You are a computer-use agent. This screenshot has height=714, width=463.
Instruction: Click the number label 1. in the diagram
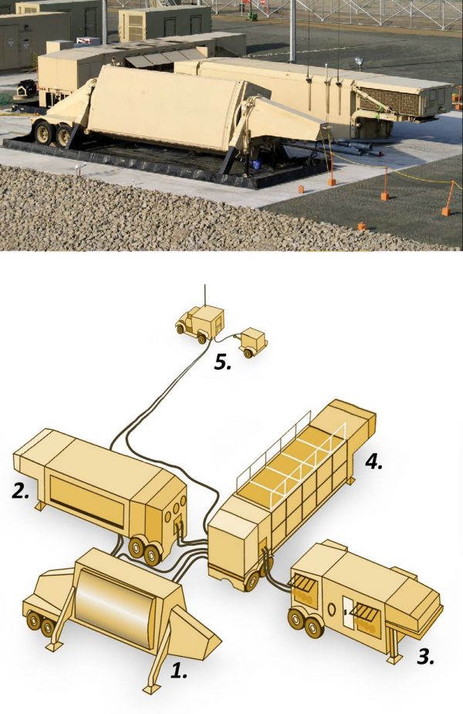click(x=178, y=671)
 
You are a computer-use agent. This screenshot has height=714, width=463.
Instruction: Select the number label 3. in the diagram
click(x=425, y=657)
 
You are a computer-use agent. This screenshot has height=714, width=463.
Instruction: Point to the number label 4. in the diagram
click(x=373, y=462)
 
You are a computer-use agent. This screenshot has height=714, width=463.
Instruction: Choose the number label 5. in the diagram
click(x=222, y=363)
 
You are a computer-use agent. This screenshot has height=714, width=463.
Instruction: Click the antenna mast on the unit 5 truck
click(x=204, y=296)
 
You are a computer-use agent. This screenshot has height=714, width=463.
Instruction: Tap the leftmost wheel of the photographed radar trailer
click(x=44, y=132)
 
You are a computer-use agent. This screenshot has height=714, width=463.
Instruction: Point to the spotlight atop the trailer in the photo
click(x=360, y=62)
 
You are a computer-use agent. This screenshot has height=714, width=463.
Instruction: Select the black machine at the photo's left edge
click(x=26, y=88)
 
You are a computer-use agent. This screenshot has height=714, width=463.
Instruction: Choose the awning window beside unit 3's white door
click(x=366, y=617)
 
